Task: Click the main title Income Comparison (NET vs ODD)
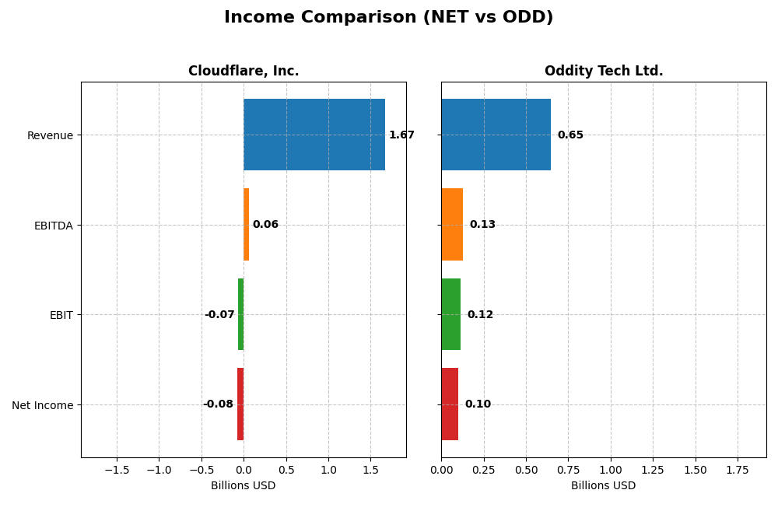[388, 18]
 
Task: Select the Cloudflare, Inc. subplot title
[244, 72]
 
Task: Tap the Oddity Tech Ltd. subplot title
[604, 72]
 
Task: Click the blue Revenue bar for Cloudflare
[314, 135]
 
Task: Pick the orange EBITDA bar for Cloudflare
[246, 225]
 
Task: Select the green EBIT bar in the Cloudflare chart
[241, 314]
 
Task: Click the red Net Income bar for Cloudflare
[240, 404]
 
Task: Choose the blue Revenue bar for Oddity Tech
[496, 135]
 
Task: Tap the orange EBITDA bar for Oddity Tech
[452, 225]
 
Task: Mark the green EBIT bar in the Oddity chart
[451, 314]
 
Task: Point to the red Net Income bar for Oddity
[450, 404]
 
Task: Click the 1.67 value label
[401, 135]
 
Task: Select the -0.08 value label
[218, 404]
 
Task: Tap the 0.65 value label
[570, 135]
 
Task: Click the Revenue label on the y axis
[50, 135]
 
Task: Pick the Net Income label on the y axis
[42, 405]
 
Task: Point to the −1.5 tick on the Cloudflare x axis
[116, 471]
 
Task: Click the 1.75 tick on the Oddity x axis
[738, 471]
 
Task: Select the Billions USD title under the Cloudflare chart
[244, 486]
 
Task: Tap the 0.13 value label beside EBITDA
[482, 225]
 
